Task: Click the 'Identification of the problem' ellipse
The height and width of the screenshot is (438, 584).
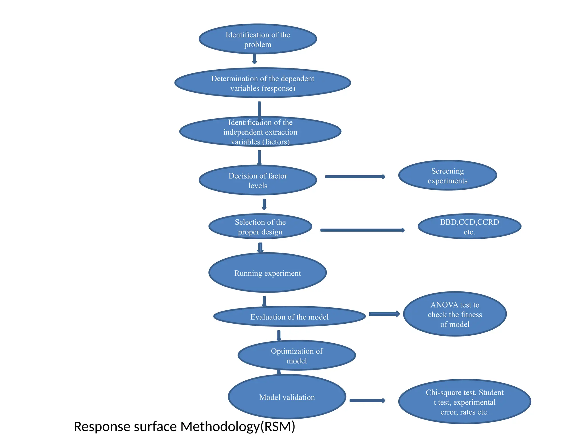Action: click(257, 39)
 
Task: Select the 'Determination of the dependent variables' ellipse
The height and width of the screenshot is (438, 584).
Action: click(262, 83)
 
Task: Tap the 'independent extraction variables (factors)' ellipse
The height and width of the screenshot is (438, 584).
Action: click(260, 132)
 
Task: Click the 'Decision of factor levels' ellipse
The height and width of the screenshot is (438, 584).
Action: click(257, 180)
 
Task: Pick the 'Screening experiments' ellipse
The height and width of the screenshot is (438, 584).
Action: click(447, 175)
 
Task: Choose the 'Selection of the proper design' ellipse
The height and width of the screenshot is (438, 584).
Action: click(260, 227)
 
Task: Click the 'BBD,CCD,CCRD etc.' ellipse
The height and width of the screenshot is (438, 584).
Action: click(469, 227)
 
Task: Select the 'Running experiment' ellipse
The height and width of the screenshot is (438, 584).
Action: click(267, 273)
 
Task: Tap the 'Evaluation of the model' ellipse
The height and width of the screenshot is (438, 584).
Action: click(289, 317)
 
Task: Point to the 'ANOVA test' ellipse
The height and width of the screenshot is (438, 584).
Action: click(455, 314)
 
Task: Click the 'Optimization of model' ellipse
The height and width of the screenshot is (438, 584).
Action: click(297, 356)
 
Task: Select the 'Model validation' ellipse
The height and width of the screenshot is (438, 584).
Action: click(287, 397)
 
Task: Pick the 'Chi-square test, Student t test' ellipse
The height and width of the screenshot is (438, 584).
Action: click(464, 402)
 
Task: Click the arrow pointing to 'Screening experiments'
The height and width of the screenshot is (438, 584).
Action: click(355, 177)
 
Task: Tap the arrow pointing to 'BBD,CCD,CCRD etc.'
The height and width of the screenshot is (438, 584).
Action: click(362, 230)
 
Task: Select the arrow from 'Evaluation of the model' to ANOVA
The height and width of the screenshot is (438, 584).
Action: click(384, 314)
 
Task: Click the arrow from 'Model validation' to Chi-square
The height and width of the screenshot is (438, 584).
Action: click(367, 401)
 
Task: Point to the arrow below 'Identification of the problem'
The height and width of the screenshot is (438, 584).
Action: click(254, 59)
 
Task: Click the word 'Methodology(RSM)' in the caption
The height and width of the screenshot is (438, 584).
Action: click(238, 427)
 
